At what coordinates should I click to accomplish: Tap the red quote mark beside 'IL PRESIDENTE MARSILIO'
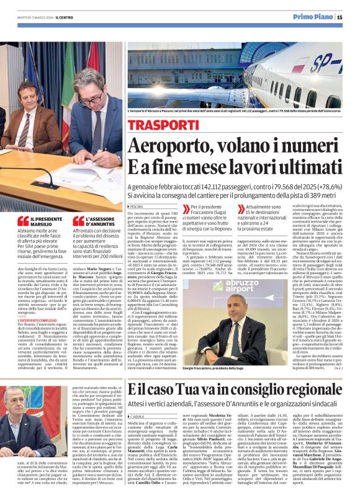click(x=22, y=220)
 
